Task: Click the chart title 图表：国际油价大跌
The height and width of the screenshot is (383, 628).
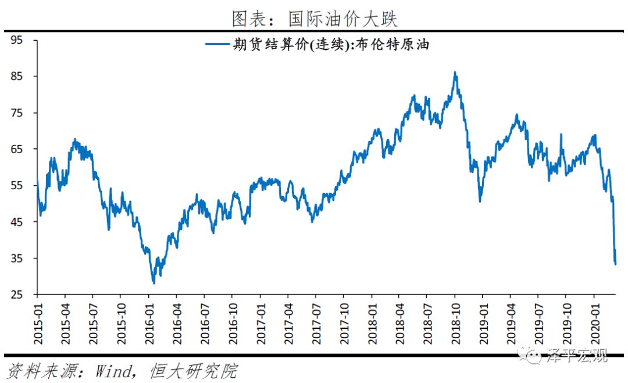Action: click(314, 19)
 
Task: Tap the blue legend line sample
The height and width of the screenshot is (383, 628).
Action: click(216, 45)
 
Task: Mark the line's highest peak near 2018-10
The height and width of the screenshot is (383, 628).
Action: click(455, 72)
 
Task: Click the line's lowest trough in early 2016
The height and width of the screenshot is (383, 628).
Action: click(154, 283)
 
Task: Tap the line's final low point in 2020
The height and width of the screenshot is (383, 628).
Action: click(616, 264)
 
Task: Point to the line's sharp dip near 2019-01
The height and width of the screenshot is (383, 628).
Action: click(480, 201)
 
